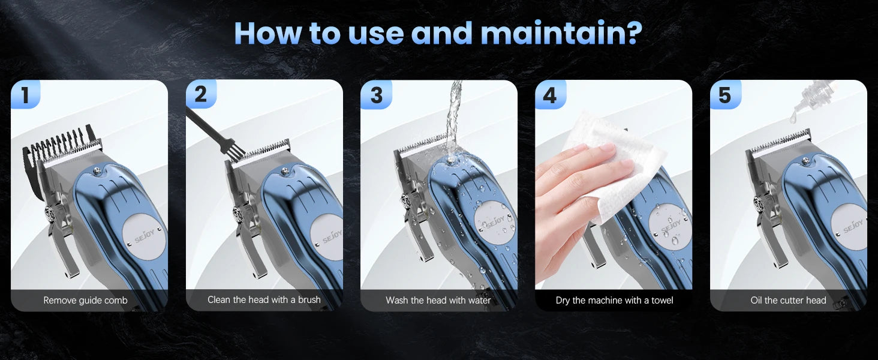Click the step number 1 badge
(x=25, y=95)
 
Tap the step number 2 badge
(x=200, y=95)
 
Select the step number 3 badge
(x=376, y=95)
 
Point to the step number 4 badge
(x=550, y=95)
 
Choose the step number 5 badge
(x=725, y=95)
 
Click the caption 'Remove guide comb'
(x=85, y=300)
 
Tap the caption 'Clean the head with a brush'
(x=264, y=299)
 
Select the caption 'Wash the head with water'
(x=438, y=300)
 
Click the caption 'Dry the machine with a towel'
(x=614, y=300)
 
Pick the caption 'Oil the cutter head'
(x=788, y=300)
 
